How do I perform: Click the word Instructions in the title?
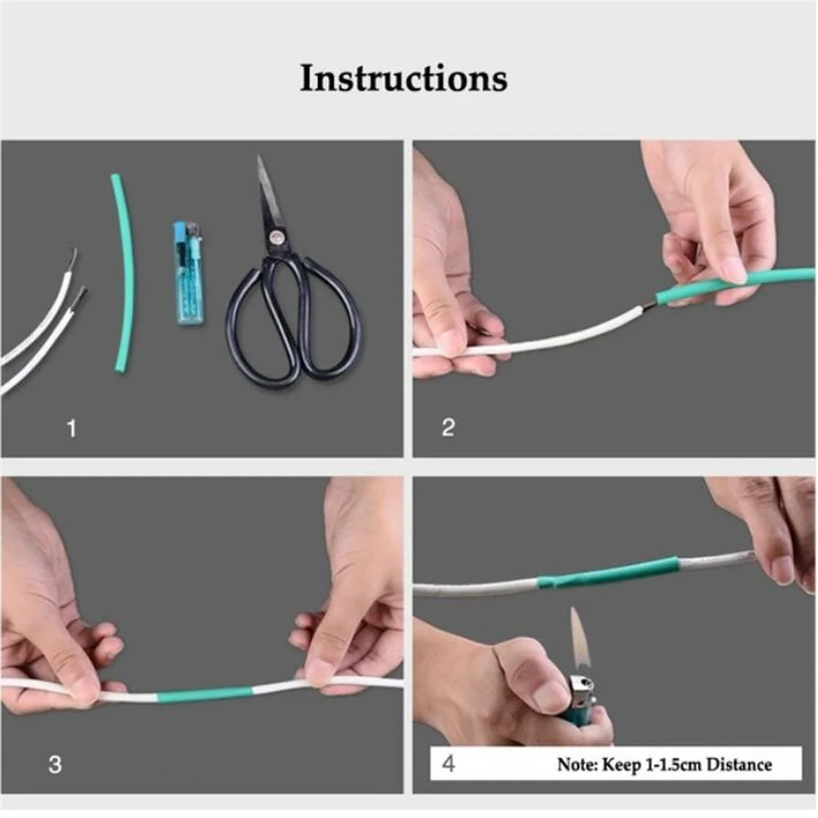pyautogui.click(x=403, y=79)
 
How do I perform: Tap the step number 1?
pyautogui.click(x=71, y=429)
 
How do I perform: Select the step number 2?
pyautogui.click(x=448, y=427)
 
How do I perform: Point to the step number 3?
pyautogui.click(x=55, y=764)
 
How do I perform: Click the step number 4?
pyautogui.click(x=448, y=764)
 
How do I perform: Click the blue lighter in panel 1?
pyautogui.click(x=188, y=274)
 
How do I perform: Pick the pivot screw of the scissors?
pyautogui.click(x=275, y=238)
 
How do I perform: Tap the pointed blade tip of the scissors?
pyautogui.click(x=258, y=156)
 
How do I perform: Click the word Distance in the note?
pyautogui.click(x=739, y=765)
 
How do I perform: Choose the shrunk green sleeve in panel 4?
pyautogui.click(x=609, y=573)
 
